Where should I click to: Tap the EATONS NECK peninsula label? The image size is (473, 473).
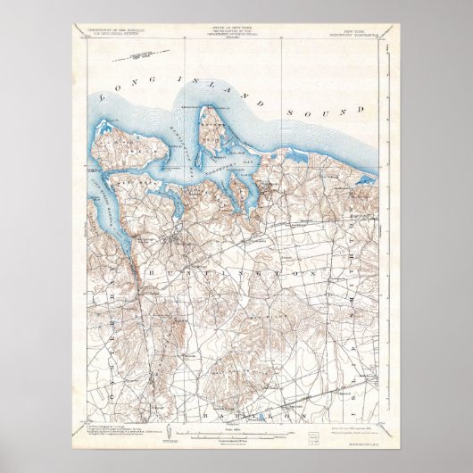[x=212, y=134]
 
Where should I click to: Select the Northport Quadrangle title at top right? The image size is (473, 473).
[x=353, y=32]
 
